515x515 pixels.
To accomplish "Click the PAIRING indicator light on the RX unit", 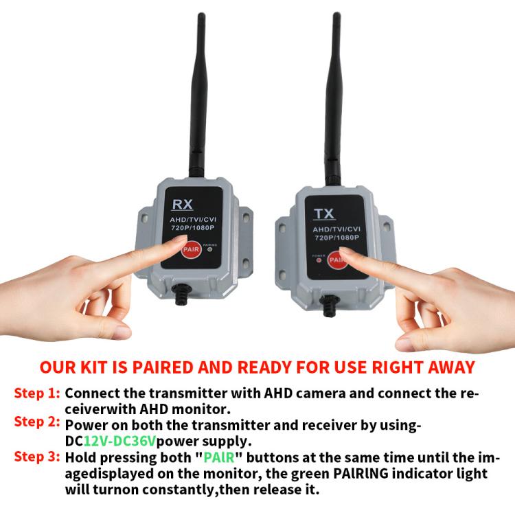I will pyautogui.click(x=210, y=249).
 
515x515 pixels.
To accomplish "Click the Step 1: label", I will pyautogui.click(x=37, y=394).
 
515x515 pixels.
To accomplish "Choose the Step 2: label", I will pyautogui.click(x=37, y=422).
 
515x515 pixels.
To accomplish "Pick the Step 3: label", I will pyautogui.click(x=37, y=458).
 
